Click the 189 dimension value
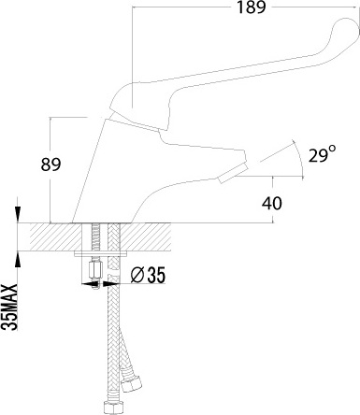click(252, 7)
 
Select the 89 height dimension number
click(50, 165)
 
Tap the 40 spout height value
click(272, 203)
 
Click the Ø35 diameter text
click(148, 275)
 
